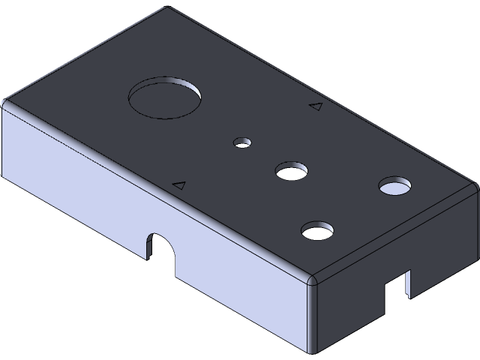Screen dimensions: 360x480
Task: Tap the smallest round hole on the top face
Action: point(242,142)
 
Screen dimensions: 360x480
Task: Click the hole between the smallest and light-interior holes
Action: point(292,172)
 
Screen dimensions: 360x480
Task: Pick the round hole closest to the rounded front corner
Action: point(317,230)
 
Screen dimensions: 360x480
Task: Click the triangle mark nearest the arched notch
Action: point(178,184)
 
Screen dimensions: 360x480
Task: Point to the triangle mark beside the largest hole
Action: point(316,106)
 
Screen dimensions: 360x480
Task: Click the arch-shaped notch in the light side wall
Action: point(159,248)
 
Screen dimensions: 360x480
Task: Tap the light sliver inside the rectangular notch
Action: point(408,283)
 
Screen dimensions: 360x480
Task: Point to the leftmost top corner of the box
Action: point(5,103)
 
